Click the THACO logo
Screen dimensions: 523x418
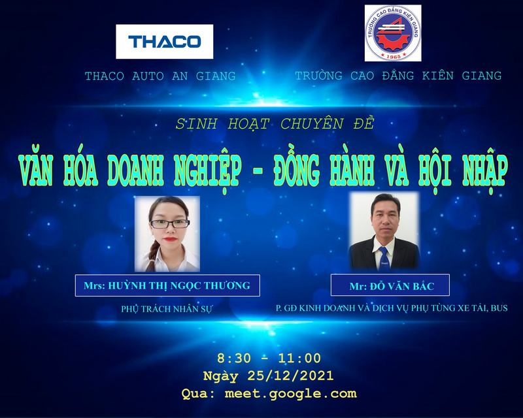(x=165, y=42)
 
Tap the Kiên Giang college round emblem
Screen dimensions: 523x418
(x=393, y=33)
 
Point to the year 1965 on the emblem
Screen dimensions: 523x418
(x=394, y=56)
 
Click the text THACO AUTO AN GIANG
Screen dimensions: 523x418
(x=160, y=76)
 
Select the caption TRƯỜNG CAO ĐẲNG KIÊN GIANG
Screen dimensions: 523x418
(x=398, y=76)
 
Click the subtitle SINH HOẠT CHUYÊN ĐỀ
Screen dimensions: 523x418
(x=275, y=123)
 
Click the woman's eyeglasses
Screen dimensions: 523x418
(x=170, y=223)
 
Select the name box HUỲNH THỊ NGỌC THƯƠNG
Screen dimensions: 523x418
(x=167, y=285)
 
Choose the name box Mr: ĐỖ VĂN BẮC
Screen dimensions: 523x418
(x=390, y=285)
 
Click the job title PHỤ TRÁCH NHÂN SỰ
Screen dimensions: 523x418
(x=167, y=309)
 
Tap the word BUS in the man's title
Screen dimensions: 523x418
(x=499, y=308)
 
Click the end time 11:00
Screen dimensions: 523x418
(x=299, y=358)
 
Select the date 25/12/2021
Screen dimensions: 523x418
(x=290, y=376)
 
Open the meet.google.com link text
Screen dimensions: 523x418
(x=290, y=394)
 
